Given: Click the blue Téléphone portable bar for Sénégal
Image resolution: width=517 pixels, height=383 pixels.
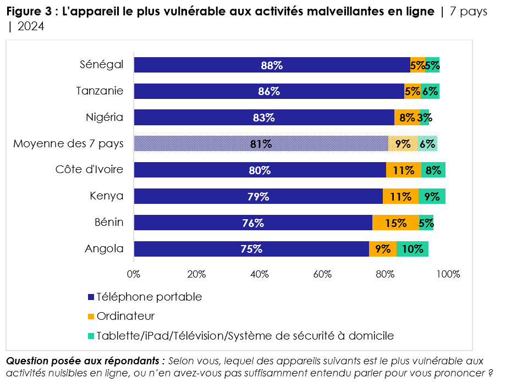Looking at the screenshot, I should (x=272, y=65).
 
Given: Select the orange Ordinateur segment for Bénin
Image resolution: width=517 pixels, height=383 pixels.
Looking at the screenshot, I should (x=395, y=223).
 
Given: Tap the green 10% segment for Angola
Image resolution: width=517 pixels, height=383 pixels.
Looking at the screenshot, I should (x=412, y=249).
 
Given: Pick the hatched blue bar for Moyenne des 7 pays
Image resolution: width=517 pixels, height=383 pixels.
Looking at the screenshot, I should (x=261, y=144).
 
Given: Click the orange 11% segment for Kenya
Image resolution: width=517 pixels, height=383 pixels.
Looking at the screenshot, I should (x=400, y=196).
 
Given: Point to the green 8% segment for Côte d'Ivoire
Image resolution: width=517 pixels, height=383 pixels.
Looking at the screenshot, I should (x=433, y=170).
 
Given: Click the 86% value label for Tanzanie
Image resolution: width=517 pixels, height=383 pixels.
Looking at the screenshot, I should (x=269, y=91).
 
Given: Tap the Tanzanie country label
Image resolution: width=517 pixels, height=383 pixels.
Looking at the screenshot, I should (x=100, y=91).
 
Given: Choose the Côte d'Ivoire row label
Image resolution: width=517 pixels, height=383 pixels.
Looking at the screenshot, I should (x=89, y=170).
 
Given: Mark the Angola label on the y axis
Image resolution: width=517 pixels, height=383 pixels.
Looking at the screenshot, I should (x=104, y=249).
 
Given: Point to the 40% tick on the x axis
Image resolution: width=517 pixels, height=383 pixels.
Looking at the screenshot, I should (x=259, y=274).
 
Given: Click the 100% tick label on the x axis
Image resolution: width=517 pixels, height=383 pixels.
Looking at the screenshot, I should (x=448, y=274).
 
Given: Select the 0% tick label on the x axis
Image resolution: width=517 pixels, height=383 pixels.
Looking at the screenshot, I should (x=134, y=274).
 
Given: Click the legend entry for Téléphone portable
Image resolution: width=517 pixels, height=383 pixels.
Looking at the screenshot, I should (x=148, y=297).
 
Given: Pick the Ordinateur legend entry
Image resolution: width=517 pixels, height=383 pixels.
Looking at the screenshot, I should (x=125, y=316).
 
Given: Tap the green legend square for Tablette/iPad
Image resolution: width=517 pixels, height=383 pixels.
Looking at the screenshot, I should (x=91, y=336).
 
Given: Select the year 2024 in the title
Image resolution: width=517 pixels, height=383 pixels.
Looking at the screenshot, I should (x=31, y=26).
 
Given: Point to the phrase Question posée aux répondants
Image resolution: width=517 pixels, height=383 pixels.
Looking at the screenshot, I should (x=85, y=361).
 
